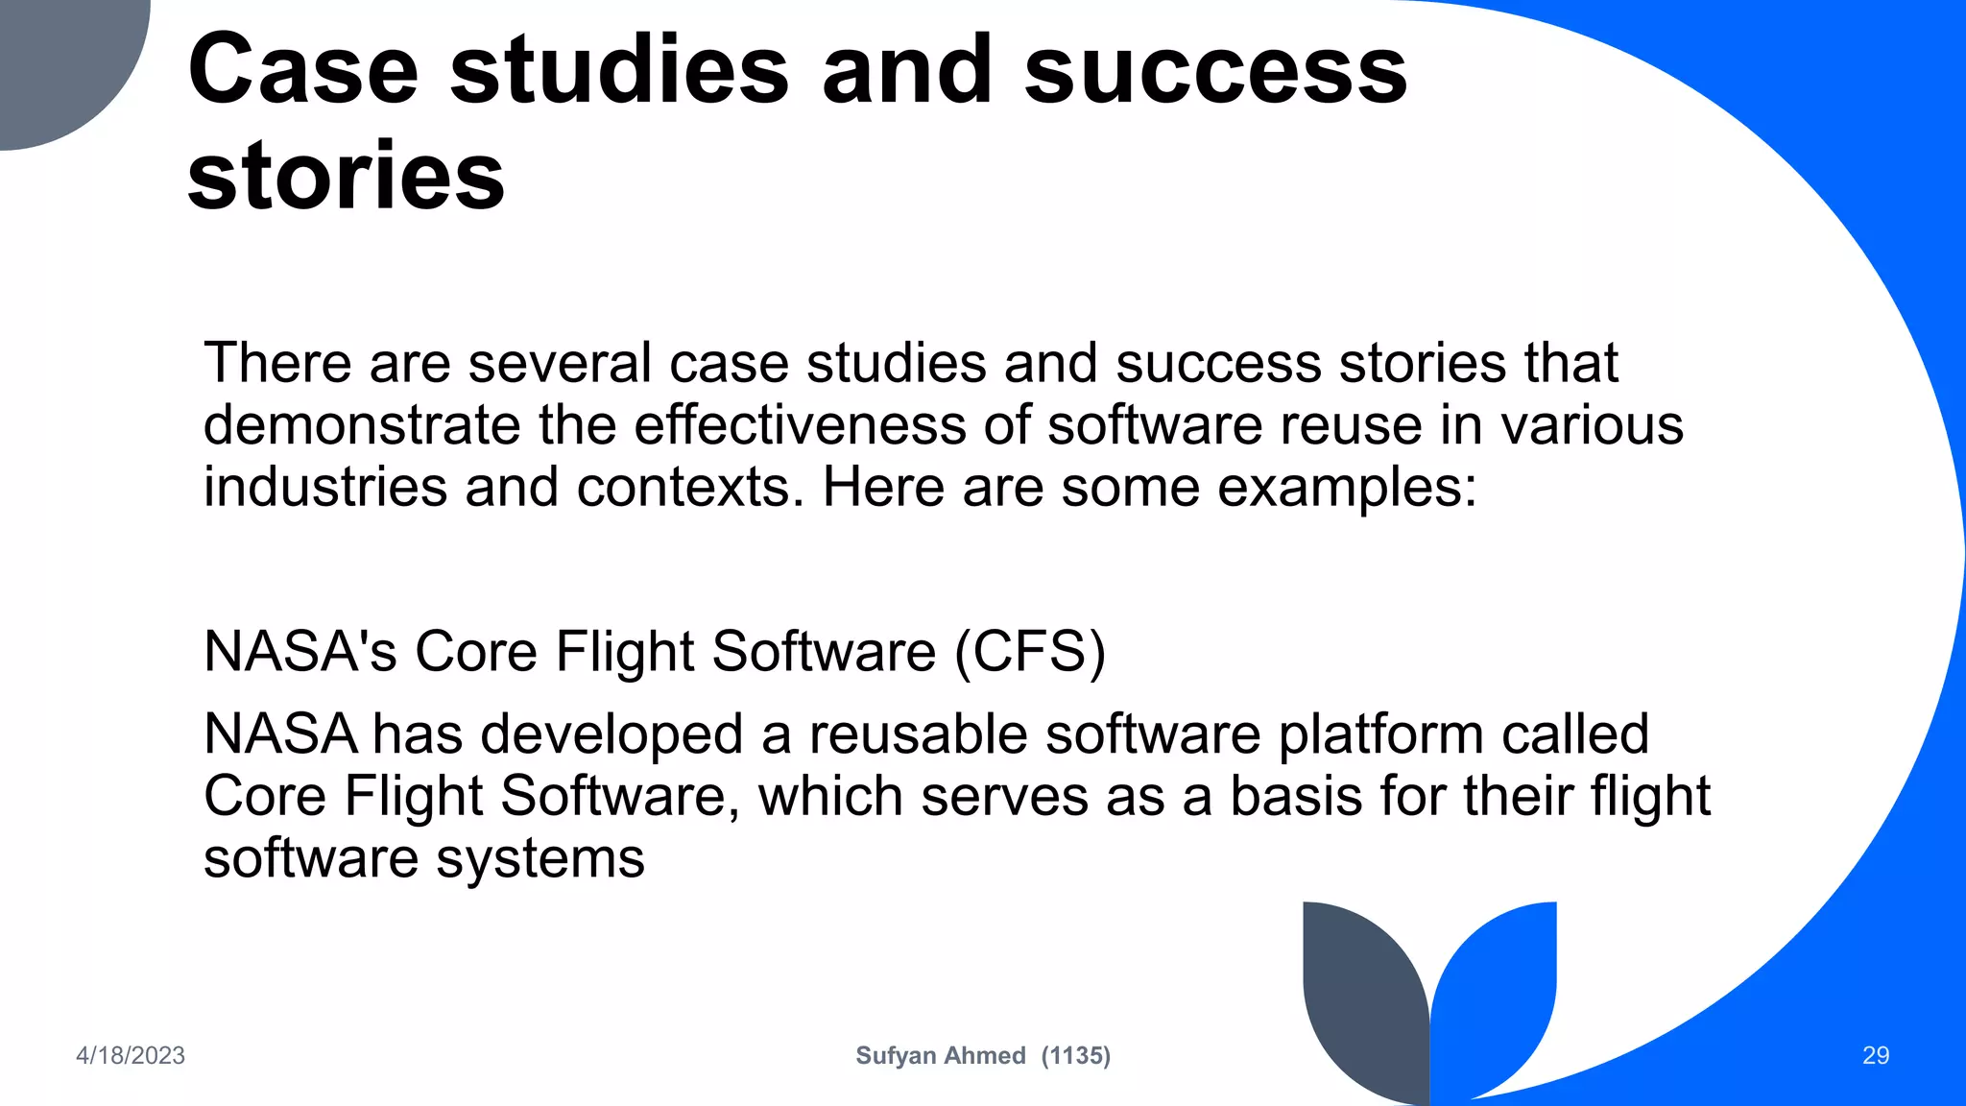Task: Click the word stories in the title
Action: (x=346, y=176)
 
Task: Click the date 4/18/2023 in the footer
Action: (x=131, y=1055)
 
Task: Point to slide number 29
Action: (x=1875, y=1055)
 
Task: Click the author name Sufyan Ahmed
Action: (x=940, y=1055)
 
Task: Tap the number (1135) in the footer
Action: (x=1075, y=1055)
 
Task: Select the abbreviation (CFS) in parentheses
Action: (x=1030, y=651)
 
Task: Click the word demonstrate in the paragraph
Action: (x=361, y=425)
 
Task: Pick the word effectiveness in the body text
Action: (x=800, y=425)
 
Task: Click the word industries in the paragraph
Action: (x=325, y=488)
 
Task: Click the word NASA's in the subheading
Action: (x=300, y=651)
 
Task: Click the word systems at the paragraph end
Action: (x=540, y=859)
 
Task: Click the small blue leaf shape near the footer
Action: (x=1498, y=989)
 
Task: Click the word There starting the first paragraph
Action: (x=277, y=364)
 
